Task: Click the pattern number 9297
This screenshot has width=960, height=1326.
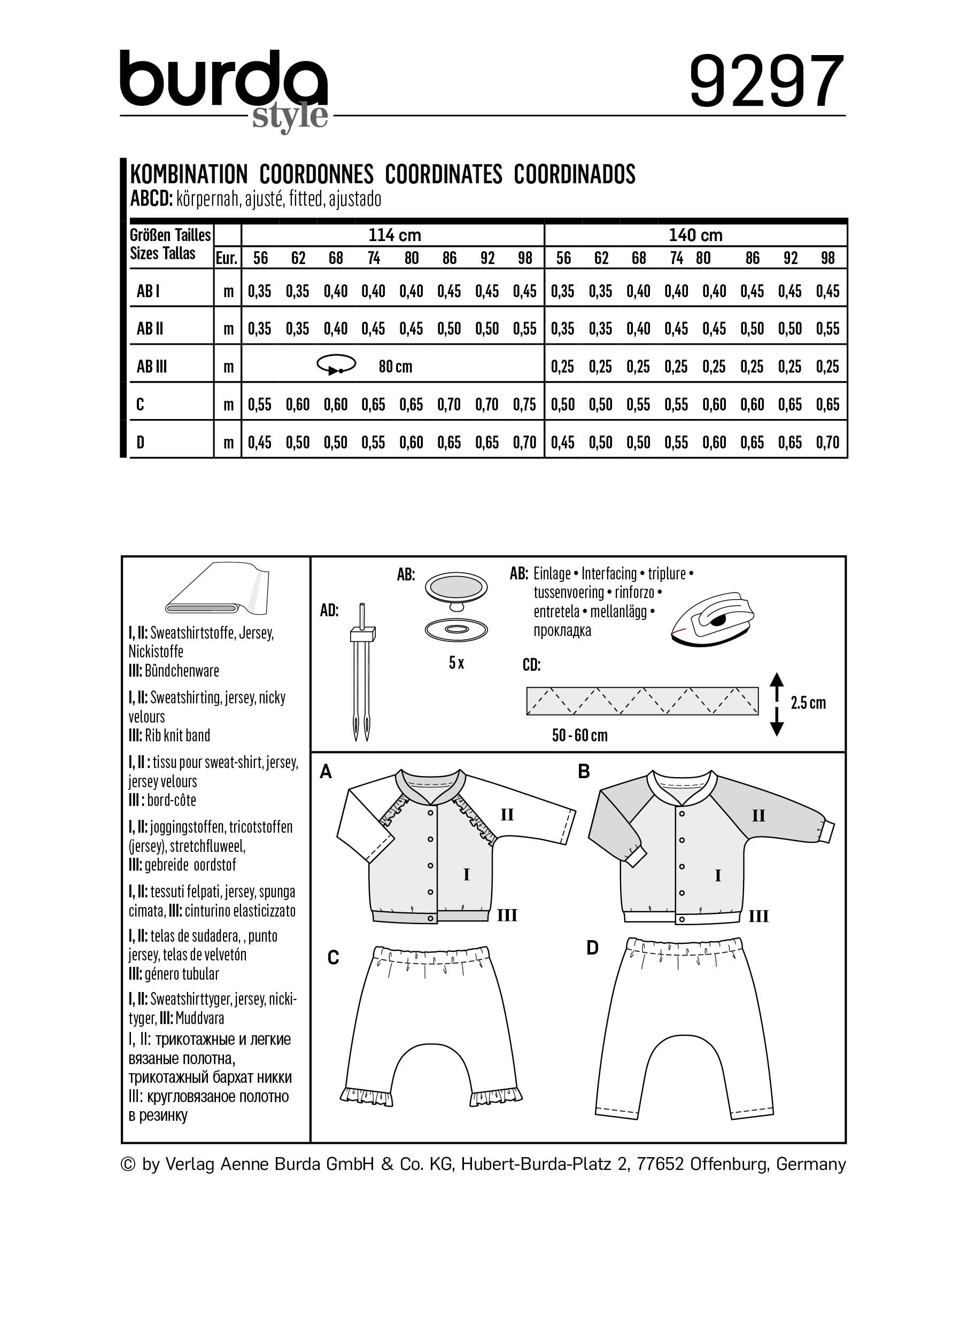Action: coord(767,81)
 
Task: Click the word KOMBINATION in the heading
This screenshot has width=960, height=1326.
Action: coord(188,174)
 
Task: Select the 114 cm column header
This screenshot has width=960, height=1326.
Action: coord(394,235)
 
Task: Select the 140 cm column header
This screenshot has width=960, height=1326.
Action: coord(695,235)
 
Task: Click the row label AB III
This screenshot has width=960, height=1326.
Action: coord(151,367)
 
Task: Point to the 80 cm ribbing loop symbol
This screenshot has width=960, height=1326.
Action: coord(336,365)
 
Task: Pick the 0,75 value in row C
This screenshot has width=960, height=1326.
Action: coord(524,405)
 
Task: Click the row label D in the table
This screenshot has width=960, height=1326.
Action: coord(141,443)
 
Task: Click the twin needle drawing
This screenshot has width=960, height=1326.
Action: coord(362,672)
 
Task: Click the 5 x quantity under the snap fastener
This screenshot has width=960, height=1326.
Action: coord(456,662)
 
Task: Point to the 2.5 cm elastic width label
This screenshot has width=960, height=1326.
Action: coord(808,703)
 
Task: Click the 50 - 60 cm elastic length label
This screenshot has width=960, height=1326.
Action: coord(579,735)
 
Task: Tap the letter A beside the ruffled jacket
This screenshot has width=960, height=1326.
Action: coord(326,772)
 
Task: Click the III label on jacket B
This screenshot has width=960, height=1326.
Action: coord(758,916)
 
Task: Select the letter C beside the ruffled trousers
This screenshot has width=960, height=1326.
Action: coord(332,958)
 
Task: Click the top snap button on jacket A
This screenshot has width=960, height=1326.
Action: coord(431,813)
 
